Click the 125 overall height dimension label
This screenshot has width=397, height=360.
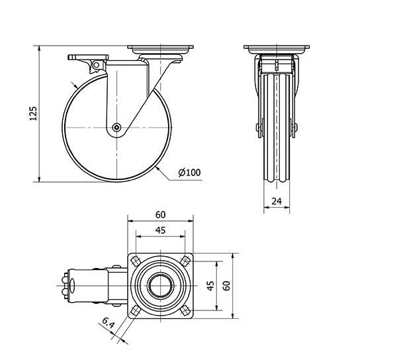(33, 113)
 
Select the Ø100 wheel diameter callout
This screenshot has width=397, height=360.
(190, 173)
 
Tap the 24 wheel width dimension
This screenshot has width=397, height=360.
(277, 201)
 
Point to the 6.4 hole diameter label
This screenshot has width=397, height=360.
(109, 324)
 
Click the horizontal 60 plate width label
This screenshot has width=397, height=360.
(161, 215)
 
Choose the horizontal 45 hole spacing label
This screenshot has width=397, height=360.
(161, 230)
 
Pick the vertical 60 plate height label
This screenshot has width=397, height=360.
(227, 286)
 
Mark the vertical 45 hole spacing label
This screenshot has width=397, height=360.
(210, 286)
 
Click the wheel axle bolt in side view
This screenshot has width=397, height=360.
(116, 127)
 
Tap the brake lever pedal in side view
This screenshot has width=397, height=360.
(88, 57)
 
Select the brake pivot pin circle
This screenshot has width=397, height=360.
(96, 65)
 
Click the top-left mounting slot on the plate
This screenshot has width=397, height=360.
(136, 261)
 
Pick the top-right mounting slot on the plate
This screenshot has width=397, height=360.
(186, 261)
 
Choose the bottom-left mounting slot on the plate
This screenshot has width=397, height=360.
(136, 310)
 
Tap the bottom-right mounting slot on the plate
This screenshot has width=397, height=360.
(186, 310)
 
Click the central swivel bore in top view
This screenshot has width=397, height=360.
(161, 286)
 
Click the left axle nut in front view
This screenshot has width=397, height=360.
(257, 127)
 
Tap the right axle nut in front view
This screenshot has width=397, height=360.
(296, 127)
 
